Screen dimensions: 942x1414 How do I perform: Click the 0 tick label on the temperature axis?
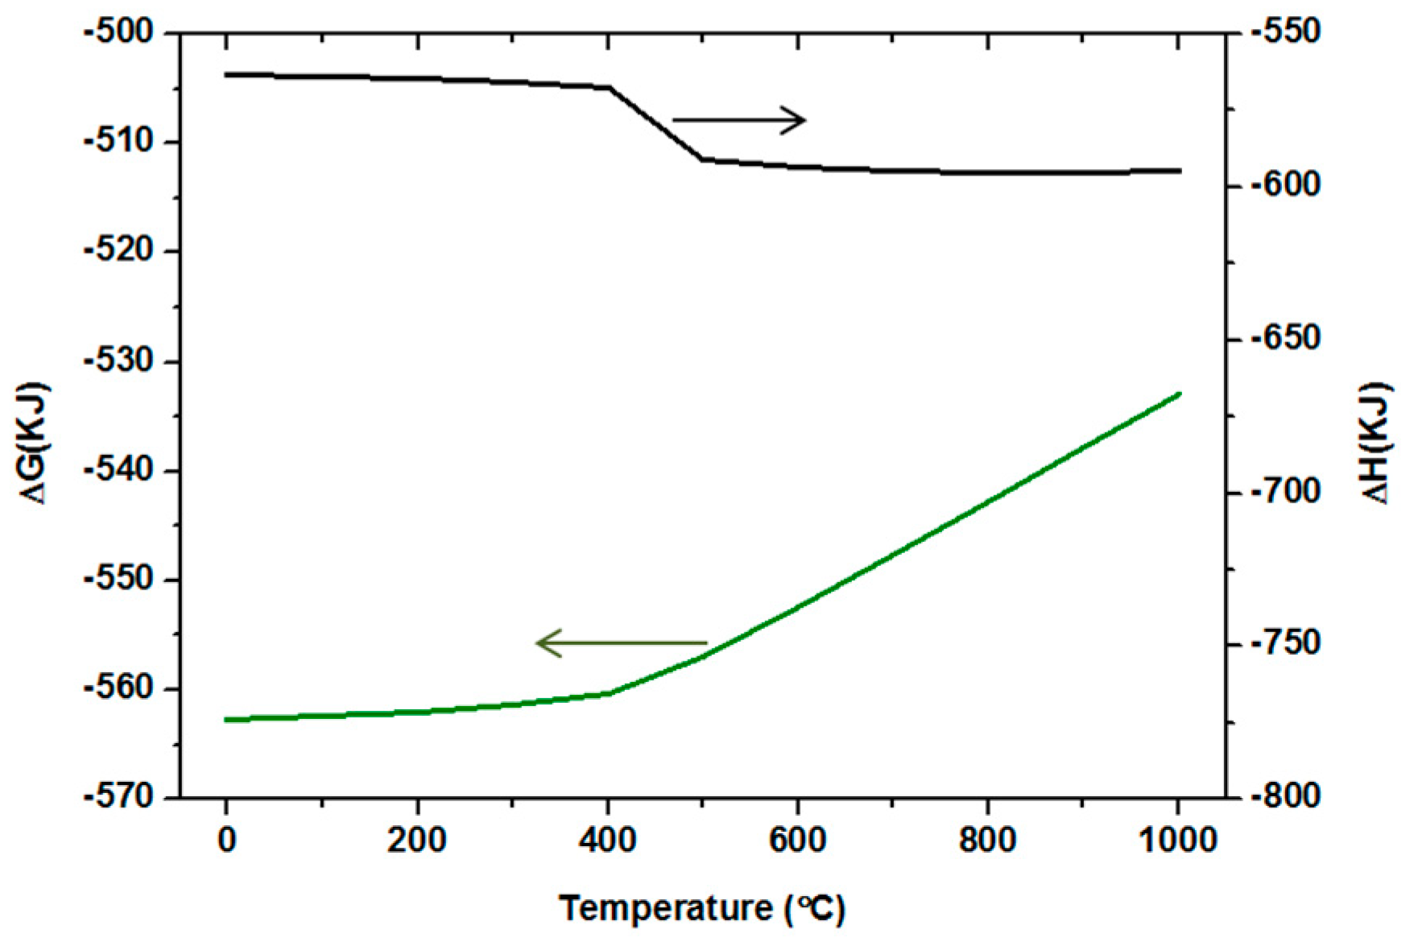[x=227, y=841]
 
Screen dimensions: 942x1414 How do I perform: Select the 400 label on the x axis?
[x=607, y=841]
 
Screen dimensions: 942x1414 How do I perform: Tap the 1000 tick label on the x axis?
[x=1178, y=841]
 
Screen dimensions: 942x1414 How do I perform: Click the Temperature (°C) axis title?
[x=702, y=909]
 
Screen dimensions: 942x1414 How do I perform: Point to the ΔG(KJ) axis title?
[x=35, y=444]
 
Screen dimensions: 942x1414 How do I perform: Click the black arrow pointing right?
[x=739, y=120]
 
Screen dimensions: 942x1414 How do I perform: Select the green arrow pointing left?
[x=621, y=643]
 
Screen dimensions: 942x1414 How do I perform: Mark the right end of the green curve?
[x=1180, y=394]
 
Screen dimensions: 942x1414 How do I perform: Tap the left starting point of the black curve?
[x=227, y=74]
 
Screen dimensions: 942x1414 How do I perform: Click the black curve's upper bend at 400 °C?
[x=609, y=87]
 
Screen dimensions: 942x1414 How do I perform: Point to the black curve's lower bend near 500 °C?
[x=702, y=159]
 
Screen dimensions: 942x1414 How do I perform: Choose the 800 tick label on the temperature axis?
[x=987, y=841]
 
